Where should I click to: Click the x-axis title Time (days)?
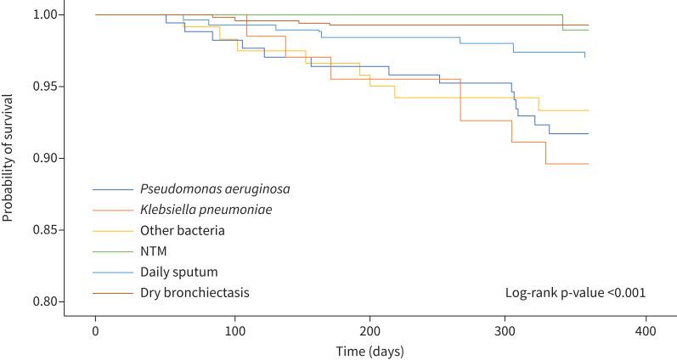pyautogui.click(x=370, y=349)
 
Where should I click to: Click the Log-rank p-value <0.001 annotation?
pyautogui.click(x=575, y=293)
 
